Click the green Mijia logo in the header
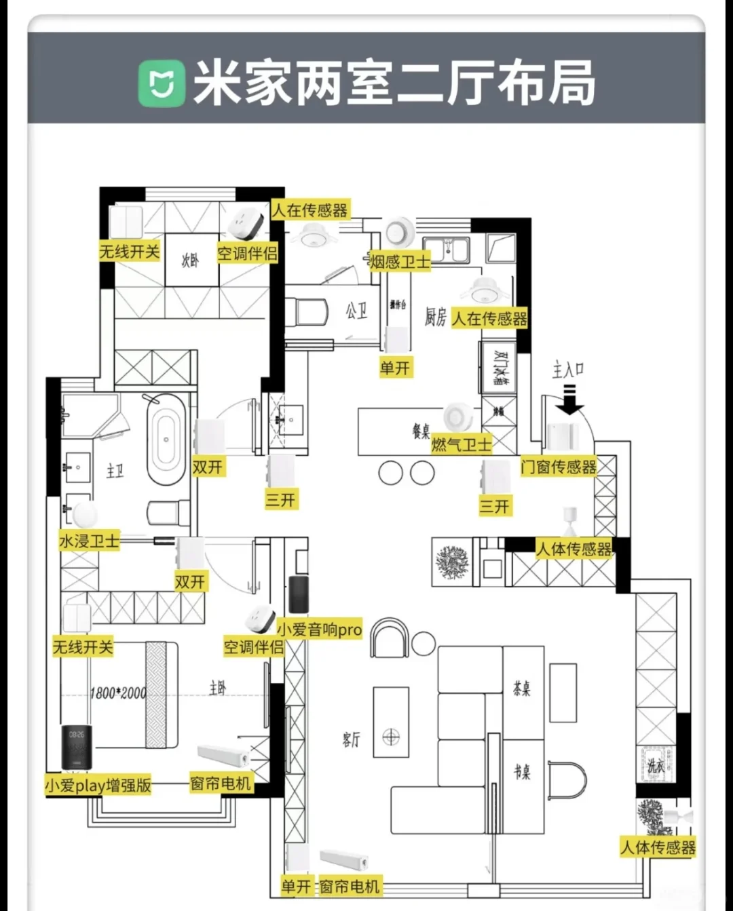[x=162, y=83]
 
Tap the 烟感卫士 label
[x=400, y=261]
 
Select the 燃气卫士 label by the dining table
[x=461, y=444]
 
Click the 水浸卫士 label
[x=89, y=541]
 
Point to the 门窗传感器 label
[x=558, y=467]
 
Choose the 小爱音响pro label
[x=319, y=629]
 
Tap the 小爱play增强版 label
[x=98, y=786]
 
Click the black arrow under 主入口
[x=570, y=400]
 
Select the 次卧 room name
[x=191, y=260]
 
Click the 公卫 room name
[x=356, y=311]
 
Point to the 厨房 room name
[x=435, y=317]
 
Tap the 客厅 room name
[x=351, y=739]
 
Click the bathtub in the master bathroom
[x=166, y=440]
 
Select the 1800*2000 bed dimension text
[x=117, y=693]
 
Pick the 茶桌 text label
[x=521, y=689]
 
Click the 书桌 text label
[x=521, y=772]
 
